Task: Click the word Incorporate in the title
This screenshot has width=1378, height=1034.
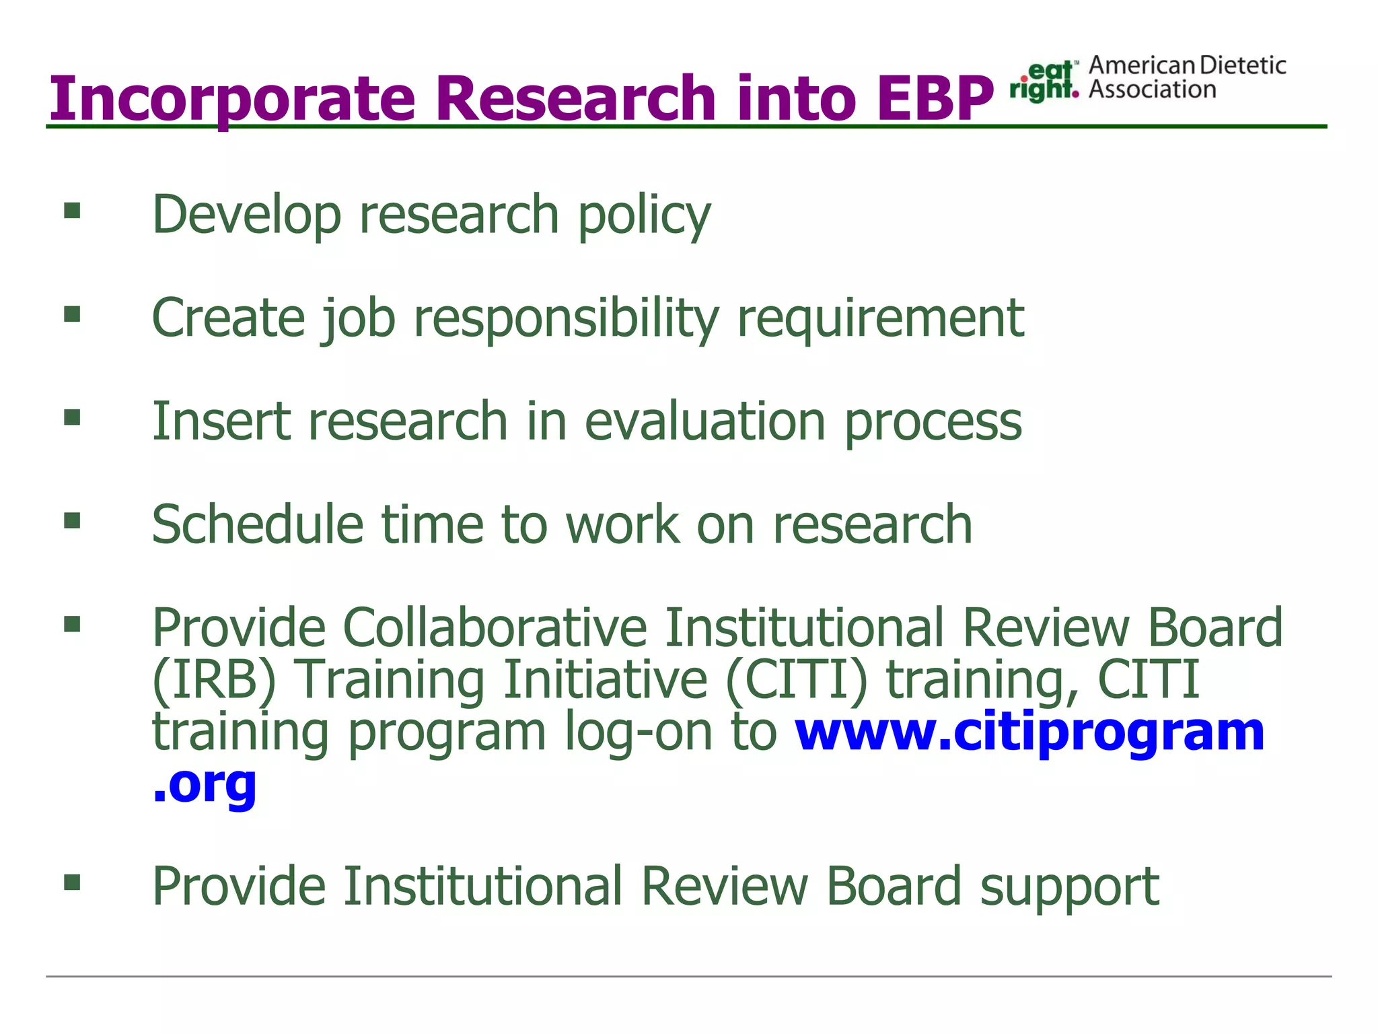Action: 233,99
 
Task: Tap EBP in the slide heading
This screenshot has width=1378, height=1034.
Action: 935,99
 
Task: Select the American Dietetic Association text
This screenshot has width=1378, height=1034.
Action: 1187,77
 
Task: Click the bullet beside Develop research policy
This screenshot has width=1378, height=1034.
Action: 72,211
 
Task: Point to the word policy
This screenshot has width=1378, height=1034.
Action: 644,215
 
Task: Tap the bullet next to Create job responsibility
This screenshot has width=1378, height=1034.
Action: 72,314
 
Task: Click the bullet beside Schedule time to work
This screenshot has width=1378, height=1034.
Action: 72,520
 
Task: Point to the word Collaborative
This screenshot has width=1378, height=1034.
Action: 495,627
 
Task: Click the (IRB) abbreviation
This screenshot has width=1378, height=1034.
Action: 215,680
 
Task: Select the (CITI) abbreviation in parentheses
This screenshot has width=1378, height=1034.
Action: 797,680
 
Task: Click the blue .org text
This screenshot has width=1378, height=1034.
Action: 205,784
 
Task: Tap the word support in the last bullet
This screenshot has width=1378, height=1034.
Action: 1070,887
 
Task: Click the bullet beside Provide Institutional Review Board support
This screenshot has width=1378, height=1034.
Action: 72,882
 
